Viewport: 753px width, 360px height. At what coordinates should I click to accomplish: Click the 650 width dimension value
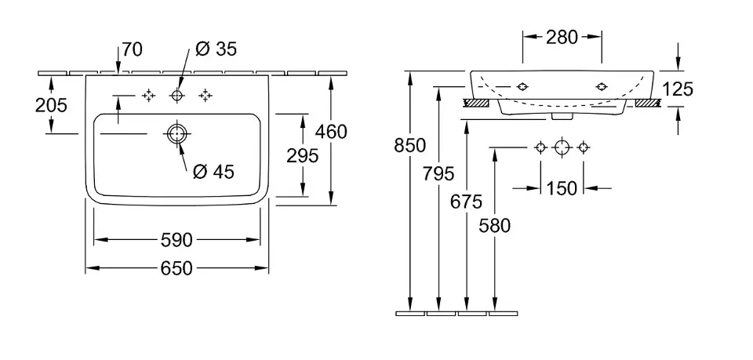[177, 268]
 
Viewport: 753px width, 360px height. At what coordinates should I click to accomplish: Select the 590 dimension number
[177, 239]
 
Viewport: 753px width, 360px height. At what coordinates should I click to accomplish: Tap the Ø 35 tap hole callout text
[214, 49]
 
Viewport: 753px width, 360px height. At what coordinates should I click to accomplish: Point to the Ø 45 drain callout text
[213, 171]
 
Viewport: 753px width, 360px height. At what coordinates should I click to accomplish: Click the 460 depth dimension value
[332, 132]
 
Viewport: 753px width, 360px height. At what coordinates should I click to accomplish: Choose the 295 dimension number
[303, 155]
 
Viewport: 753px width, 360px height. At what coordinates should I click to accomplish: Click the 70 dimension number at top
[132, 50]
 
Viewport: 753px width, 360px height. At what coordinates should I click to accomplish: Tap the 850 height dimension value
[410, 145]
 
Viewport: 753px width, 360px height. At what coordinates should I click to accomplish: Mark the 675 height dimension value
[467, 202]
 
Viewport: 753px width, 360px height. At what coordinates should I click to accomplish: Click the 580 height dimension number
[494, 226]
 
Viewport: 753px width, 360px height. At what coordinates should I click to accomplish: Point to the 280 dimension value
[562, 36]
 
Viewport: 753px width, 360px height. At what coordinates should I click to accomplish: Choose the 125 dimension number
[678, 89]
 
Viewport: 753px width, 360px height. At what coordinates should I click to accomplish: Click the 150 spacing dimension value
[562, 188]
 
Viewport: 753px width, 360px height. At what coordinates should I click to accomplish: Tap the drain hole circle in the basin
[176, 134]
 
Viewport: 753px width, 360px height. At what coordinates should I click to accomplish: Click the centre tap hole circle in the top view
[176, 95]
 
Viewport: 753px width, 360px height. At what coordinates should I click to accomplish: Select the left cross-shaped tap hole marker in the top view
[147, 95]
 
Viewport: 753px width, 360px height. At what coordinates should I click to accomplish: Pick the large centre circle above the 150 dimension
[562, 147]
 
